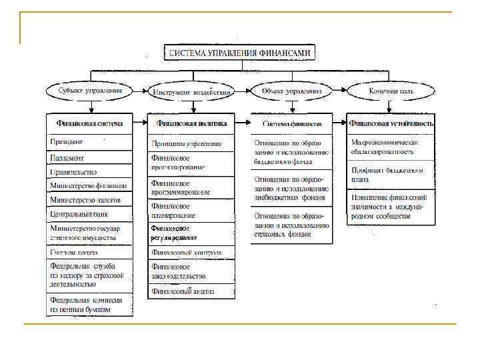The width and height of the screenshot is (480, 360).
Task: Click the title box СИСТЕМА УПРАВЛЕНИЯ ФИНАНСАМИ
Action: pos(240,53)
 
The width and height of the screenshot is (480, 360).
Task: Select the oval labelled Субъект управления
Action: pos(90,90)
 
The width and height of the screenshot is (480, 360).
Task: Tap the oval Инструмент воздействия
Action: pos(192,91)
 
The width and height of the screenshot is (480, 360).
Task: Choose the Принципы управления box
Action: pos(191,143)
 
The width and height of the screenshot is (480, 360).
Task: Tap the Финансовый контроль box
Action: pos(191,253)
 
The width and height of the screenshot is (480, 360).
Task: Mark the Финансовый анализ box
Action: pos(191,291)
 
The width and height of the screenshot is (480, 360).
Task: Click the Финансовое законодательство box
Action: pos(191,271)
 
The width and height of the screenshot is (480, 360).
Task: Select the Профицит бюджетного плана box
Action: pos(391,175)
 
